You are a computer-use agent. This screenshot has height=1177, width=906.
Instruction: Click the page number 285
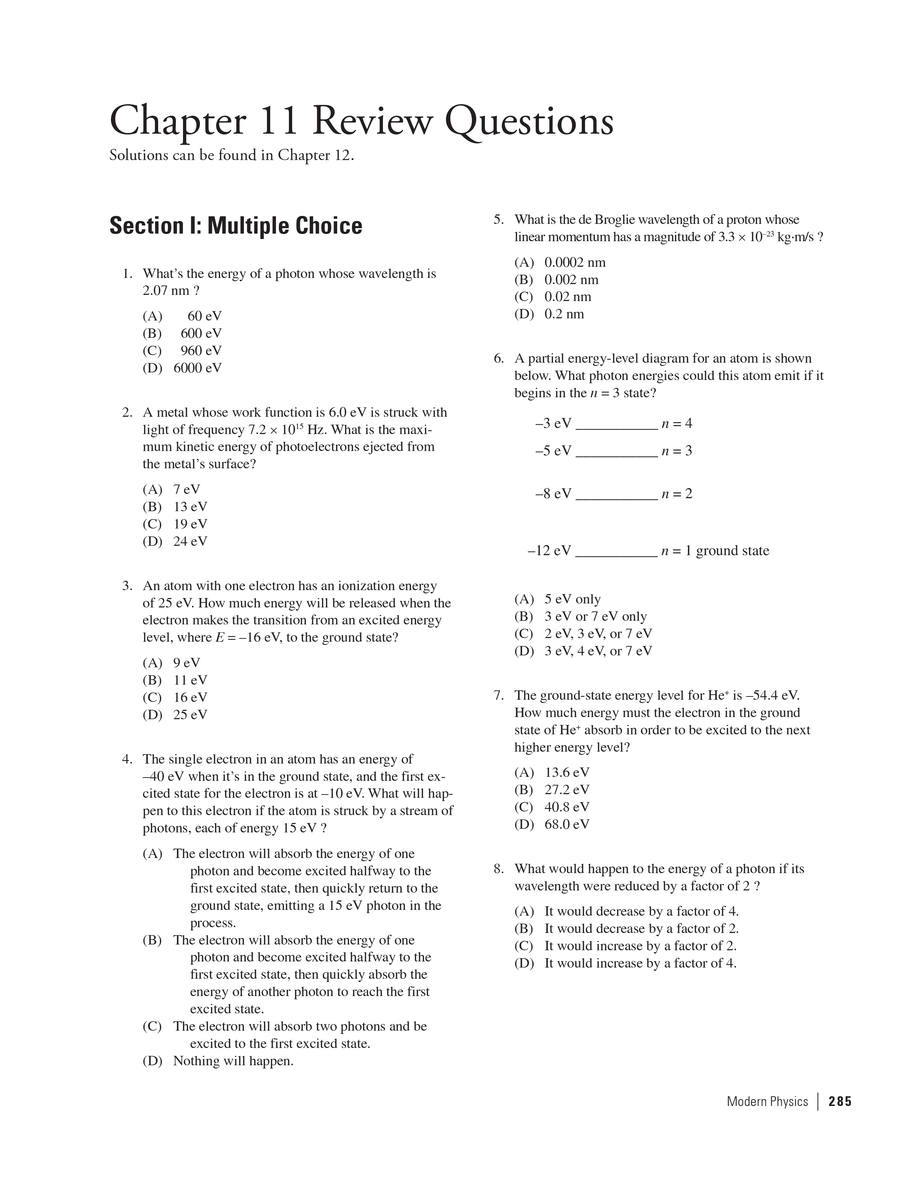point(840,1101)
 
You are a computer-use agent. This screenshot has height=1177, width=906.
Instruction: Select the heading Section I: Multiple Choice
point(235,226)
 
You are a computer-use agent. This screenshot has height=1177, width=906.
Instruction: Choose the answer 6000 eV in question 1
point(197,368)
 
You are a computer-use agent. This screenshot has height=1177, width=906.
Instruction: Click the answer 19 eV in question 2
point(189,524)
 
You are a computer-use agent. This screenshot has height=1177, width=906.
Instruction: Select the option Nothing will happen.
point(233,1061)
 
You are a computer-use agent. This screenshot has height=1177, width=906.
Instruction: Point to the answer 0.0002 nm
point(575,262)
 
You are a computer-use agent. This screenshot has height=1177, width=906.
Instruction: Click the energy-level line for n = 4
point(616,428)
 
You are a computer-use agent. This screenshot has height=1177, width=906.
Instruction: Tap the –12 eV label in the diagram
point(549,550)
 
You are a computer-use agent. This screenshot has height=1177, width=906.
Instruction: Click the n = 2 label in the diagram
point(677,494)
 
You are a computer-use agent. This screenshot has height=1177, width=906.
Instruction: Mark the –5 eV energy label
point(553,451)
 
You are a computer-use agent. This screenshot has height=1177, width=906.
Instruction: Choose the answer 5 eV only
point(572,599)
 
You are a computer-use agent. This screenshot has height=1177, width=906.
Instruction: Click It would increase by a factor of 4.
point(640,963)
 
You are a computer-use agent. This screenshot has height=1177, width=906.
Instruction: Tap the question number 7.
point(498,695)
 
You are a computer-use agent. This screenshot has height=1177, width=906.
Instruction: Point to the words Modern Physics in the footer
point(767,1101)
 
